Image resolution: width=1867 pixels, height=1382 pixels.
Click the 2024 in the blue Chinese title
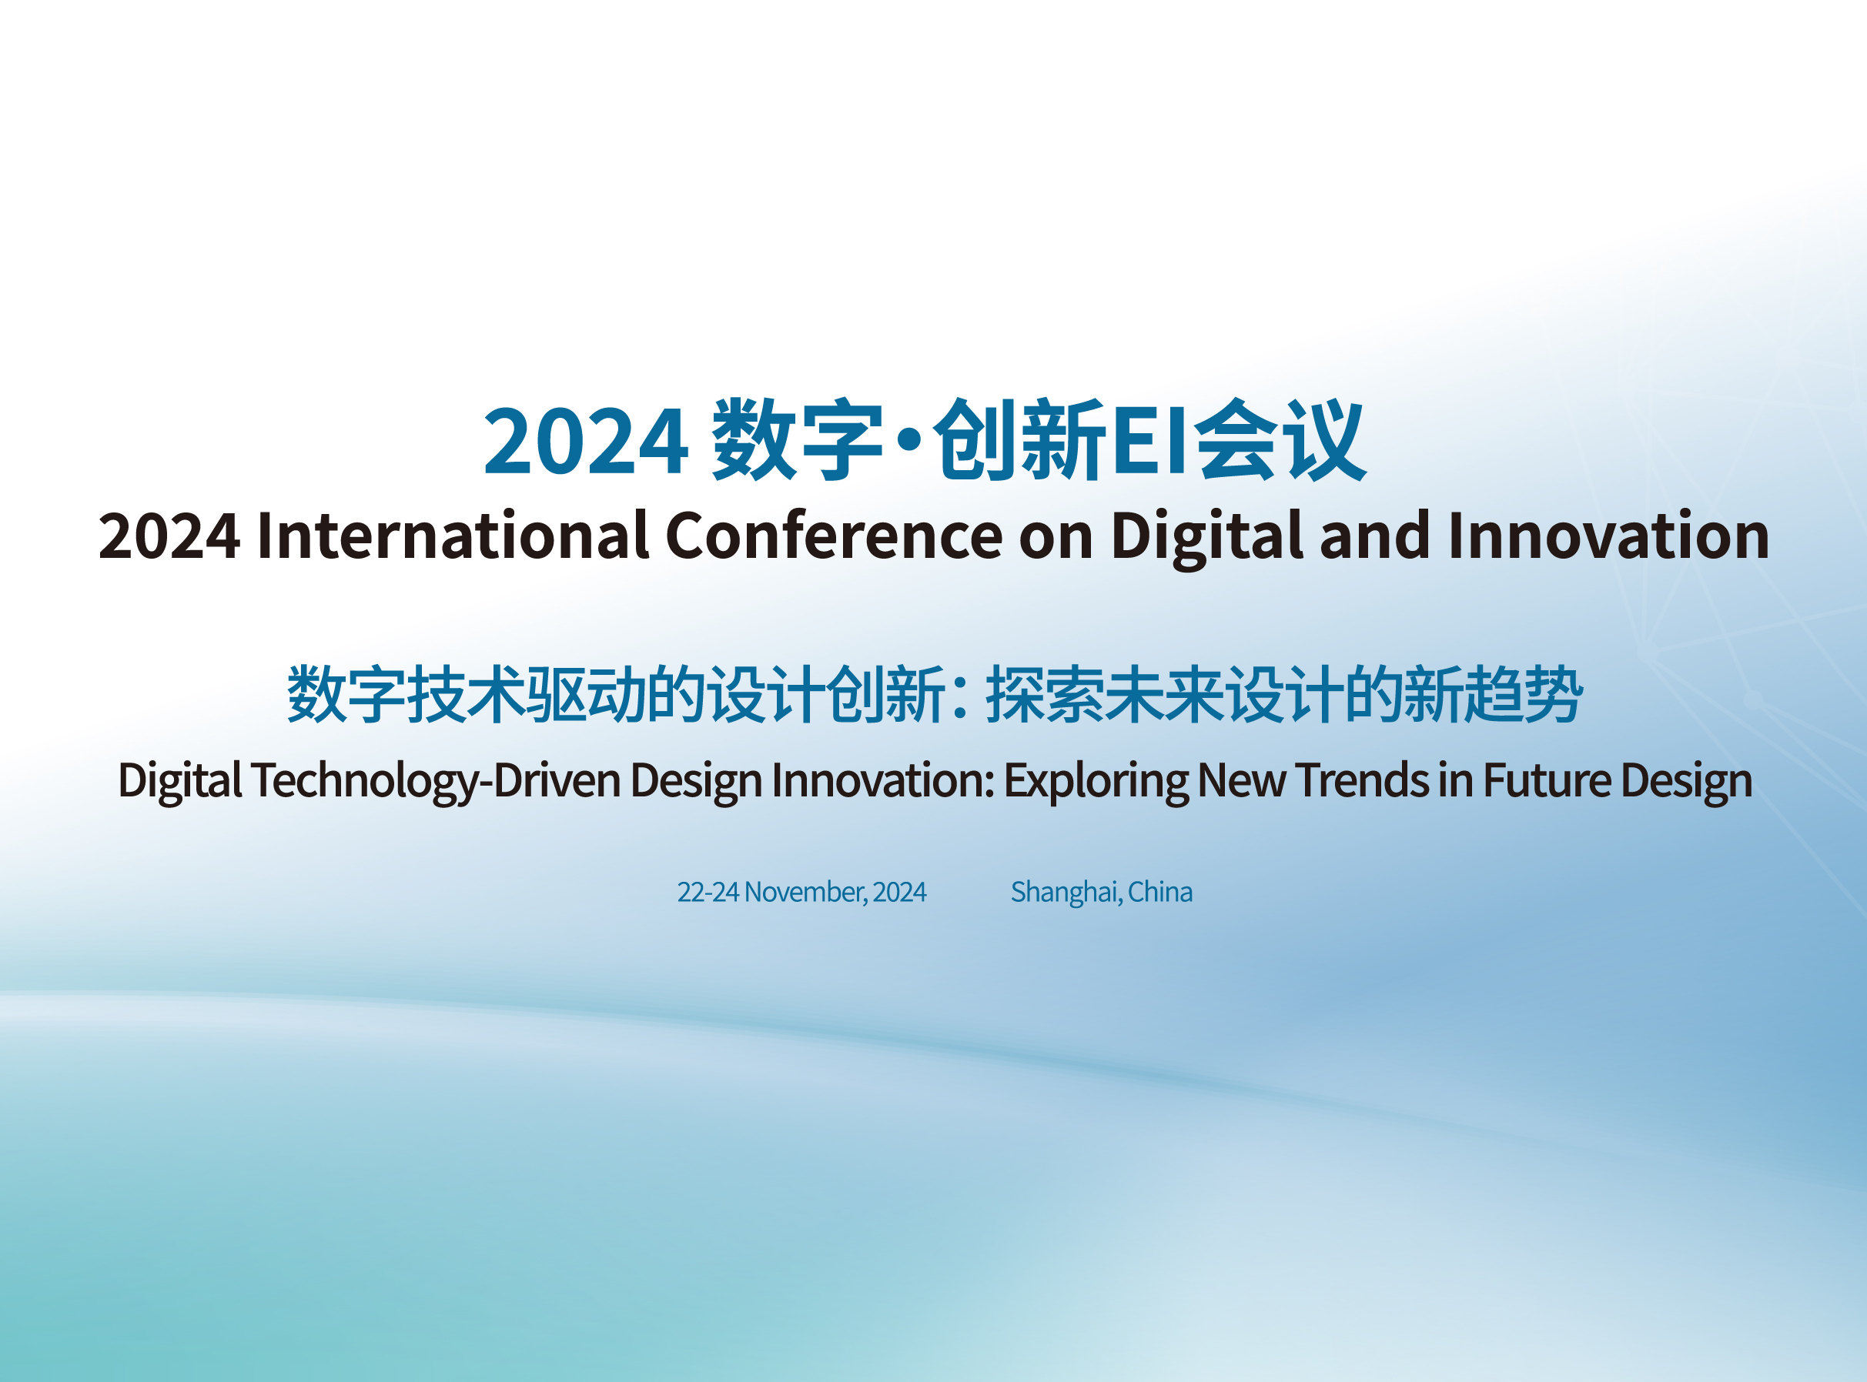(x=586, y=441)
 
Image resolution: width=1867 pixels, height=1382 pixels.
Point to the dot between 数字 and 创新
(x=908, y=440)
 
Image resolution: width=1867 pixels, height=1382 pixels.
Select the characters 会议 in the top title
(x=1279, y=440)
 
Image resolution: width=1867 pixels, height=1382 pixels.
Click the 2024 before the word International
(x=169, y=536)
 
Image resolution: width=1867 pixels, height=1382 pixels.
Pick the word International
(x=452, y=535)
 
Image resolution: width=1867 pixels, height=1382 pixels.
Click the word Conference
(x=834, y=535)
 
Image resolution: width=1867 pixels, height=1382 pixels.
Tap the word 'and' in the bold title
(x=1375, y=535)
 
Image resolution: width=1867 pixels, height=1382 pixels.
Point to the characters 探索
(x=1045, y=693)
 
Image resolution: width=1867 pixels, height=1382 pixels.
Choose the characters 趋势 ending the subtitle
(x=1524, y=693)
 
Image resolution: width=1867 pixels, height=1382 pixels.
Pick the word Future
(x=1547, y=780)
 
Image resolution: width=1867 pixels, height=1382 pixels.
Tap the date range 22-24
(x=708, y=892)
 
